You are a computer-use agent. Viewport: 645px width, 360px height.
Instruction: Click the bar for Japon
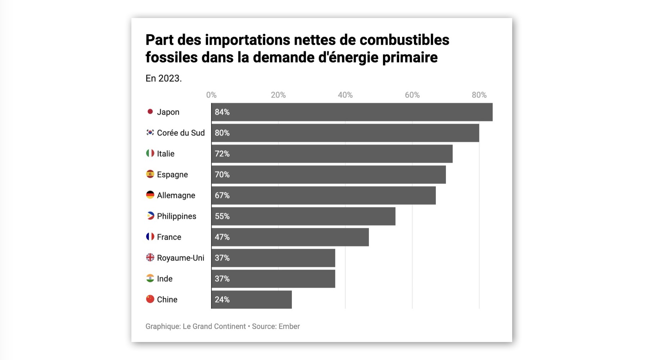(x=352, y=112)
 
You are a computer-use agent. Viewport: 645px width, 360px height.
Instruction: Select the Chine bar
(x=252, y=300)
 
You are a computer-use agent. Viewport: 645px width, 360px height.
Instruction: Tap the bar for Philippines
(x=303, y=216)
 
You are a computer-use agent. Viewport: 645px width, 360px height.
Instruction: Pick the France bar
(x=290, y=237)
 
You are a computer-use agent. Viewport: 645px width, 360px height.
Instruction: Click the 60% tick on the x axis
(x=412, y=95)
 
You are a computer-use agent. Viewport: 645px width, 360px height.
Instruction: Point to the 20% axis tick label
(x=278, y=95)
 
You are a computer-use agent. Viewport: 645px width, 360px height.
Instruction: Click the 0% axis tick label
(x=211, y=95)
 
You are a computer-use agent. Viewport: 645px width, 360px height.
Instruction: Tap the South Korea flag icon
(x=150, y=132)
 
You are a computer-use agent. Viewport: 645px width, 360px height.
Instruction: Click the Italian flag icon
(x=150, y=153)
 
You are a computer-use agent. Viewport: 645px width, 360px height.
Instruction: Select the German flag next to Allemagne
(x=150, y=195)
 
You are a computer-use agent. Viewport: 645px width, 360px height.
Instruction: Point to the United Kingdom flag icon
(x=150, y=258)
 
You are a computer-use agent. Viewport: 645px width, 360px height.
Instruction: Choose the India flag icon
(x=150, y=278)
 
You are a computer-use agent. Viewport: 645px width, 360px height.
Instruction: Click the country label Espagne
(x=172, y=175)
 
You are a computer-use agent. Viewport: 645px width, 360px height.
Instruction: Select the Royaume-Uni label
(x=181, y=258)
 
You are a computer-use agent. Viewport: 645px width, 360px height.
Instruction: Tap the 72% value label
(x=222, y=154)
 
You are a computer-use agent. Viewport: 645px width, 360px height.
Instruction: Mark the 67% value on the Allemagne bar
(x=222, y=195)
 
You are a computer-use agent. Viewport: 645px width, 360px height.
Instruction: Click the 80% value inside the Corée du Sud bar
(x=222, y=133)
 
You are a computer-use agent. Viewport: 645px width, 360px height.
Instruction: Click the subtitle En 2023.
(x=163, y=78)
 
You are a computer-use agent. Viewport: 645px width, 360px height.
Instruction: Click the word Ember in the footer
(x=289, y=327)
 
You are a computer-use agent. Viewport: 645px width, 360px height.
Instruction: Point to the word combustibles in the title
(x=405, y=40)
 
